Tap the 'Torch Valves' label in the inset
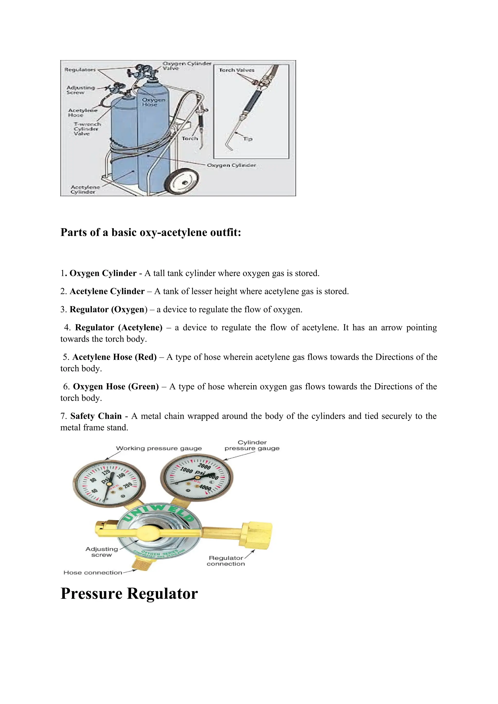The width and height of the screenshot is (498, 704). click(236, 70)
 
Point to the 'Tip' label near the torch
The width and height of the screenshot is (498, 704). click(248, 139)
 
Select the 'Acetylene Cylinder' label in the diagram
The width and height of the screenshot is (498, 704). click(85, 189)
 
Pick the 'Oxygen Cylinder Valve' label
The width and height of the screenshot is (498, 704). click(187, 66)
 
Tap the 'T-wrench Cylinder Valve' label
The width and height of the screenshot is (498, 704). click(87, 129)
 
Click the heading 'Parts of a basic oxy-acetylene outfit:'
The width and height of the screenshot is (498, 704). click(151, 232)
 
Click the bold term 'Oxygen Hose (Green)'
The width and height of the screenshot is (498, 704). click(116, 387)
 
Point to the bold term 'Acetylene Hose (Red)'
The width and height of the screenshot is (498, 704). click(114, 357)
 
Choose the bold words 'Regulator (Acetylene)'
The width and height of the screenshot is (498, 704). click(119, 328)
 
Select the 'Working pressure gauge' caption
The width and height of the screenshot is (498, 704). click(159, 449)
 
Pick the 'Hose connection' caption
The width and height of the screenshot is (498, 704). click(93, 573)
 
